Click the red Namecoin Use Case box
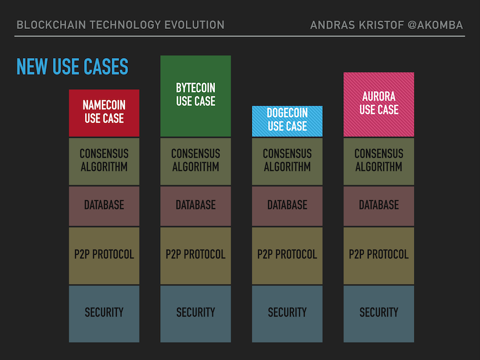[104, 112]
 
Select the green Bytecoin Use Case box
[195, 96]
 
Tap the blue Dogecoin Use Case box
[287, 121]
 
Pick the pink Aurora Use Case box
[379, 104]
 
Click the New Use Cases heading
[72, 67]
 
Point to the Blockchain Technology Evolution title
[121, 25]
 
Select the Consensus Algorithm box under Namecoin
[104, 161]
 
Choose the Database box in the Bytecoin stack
[195, 205]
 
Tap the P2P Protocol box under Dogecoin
[287, 255]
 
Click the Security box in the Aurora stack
[379, 313]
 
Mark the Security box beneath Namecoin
[104, 313]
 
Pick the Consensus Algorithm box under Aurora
[379, 161]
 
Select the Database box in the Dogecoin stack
[287, 205]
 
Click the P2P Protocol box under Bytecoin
[195, 255]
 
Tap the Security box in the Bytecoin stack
[195, 313]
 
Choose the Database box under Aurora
[379, 205]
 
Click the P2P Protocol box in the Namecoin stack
[104, 255]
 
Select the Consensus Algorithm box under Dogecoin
[287, 161]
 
